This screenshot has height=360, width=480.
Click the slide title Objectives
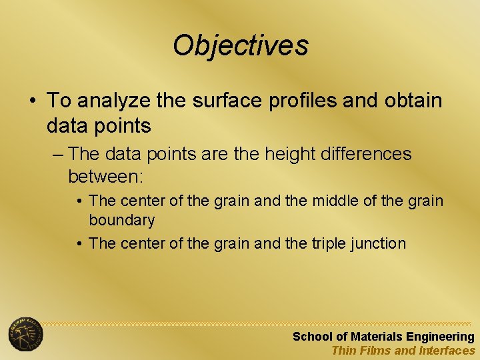click(241, 46)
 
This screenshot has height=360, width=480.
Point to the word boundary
click(121, 220)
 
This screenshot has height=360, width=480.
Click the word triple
click(331, 243)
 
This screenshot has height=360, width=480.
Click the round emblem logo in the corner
click(25, 334)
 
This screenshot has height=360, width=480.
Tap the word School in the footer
click(311, 337)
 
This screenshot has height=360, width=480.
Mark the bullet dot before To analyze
click(32, 101)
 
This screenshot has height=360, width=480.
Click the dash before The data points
click(57, 155)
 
